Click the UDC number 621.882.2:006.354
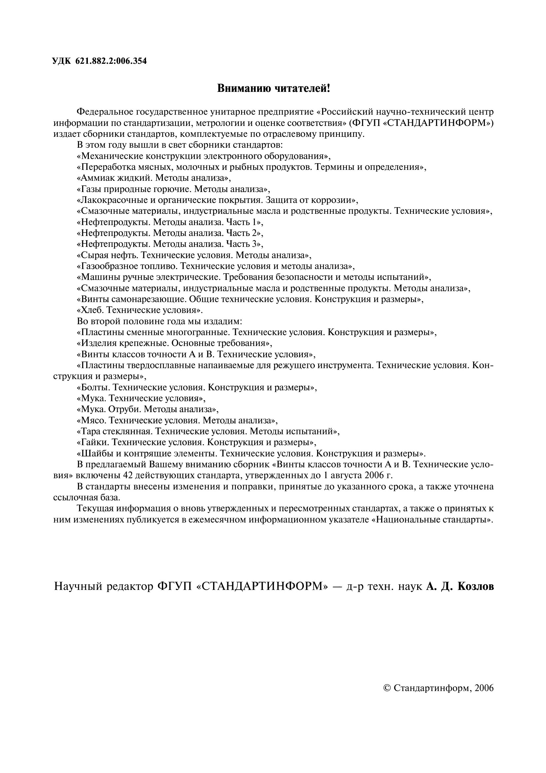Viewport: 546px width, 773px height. point(111,61)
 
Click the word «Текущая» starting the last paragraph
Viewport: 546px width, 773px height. point(95,508)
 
